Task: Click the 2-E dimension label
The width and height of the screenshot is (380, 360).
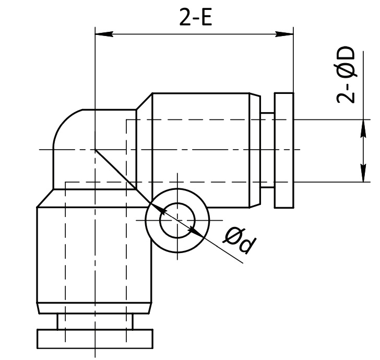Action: coord(196,17)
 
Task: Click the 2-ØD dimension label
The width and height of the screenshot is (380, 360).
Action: coord(346,75)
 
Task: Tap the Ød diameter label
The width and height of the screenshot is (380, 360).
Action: coord(240,241)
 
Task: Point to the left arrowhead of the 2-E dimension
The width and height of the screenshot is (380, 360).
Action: coord(104,34)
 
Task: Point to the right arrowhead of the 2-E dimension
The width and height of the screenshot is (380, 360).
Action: coord(284,34)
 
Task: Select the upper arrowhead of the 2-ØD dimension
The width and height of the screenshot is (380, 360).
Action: coord(363,128)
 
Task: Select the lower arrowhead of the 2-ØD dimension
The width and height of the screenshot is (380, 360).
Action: coord(363,173)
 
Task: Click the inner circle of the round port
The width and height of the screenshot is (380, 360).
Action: coord(177,221)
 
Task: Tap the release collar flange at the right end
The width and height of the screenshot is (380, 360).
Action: coord(284,150)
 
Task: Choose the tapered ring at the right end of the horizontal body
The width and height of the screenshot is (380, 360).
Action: coord(255,150)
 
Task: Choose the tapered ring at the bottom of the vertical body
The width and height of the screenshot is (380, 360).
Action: coord(94,308)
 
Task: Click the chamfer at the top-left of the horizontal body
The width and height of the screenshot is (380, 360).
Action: coord(144,101)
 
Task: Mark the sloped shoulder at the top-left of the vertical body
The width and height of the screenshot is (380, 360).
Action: coord(45,198)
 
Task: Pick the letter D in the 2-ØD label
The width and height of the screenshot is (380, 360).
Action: coord(346,54)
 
